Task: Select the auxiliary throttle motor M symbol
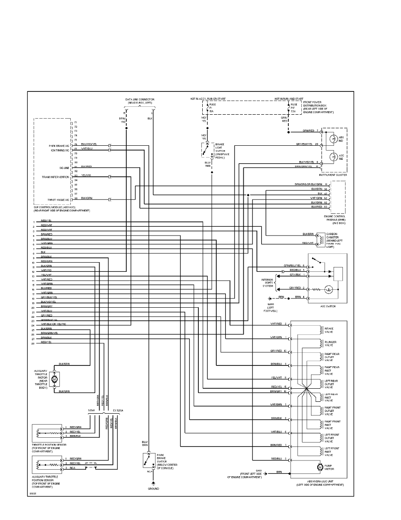coord(55,378)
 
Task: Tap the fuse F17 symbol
coord(288,107)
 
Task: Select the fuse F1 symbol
coord(207,107)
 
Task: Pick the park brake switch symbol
coord(148,461)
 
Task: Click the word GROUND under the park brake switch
coord(153,488)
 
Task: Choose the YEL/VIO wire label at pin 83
coord(86,176)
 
